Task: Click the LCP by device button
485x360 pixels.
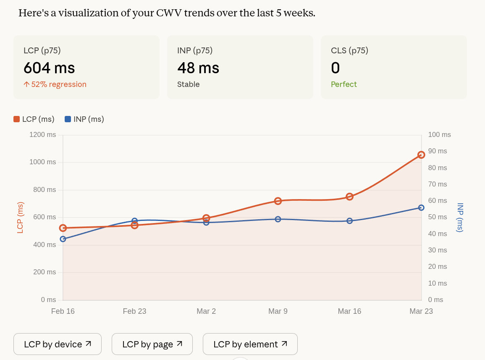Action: point(58,344)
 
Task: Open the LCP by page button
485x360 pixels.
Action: point(152,344)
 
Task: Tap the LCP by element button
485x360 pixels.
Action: point(250,344)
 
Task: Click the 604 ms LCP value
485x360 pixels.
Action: point(49,68)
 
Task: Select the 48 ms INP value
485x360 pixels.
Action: point(198,68)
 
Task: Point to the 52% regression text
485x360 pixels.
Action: point(55,84)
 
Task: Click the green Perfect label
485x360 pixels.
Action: point(343,84)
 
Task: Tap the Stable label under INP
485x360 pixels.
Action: point(188,84)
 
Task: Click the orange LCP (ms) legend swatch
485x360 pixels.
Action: point(17,119)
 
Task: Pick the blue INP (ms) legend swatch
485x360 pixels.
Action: point(68,119)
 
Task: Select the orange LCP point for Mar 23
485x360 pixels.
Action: point(421,155)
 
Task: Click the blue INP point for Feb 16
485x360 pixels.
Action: point(63,239)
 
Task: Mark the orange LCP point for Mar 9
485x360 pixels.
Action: point(278,201)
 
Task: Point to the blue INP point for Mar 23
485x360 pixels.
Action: point(421,208)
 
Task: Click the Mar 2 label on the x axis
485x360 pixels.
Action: point(206,311)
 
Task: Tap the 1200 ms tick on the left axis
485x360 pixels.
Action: point(42,135)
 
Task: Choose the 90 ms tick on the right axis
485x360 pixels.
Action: point(437,151)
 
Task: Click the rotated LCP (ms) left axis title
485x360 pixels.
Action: point(20,217)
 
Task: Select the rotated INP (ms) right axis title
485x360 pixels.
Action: point(460,217)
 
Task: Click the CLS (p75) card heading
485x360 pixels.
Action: point(349,51)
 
